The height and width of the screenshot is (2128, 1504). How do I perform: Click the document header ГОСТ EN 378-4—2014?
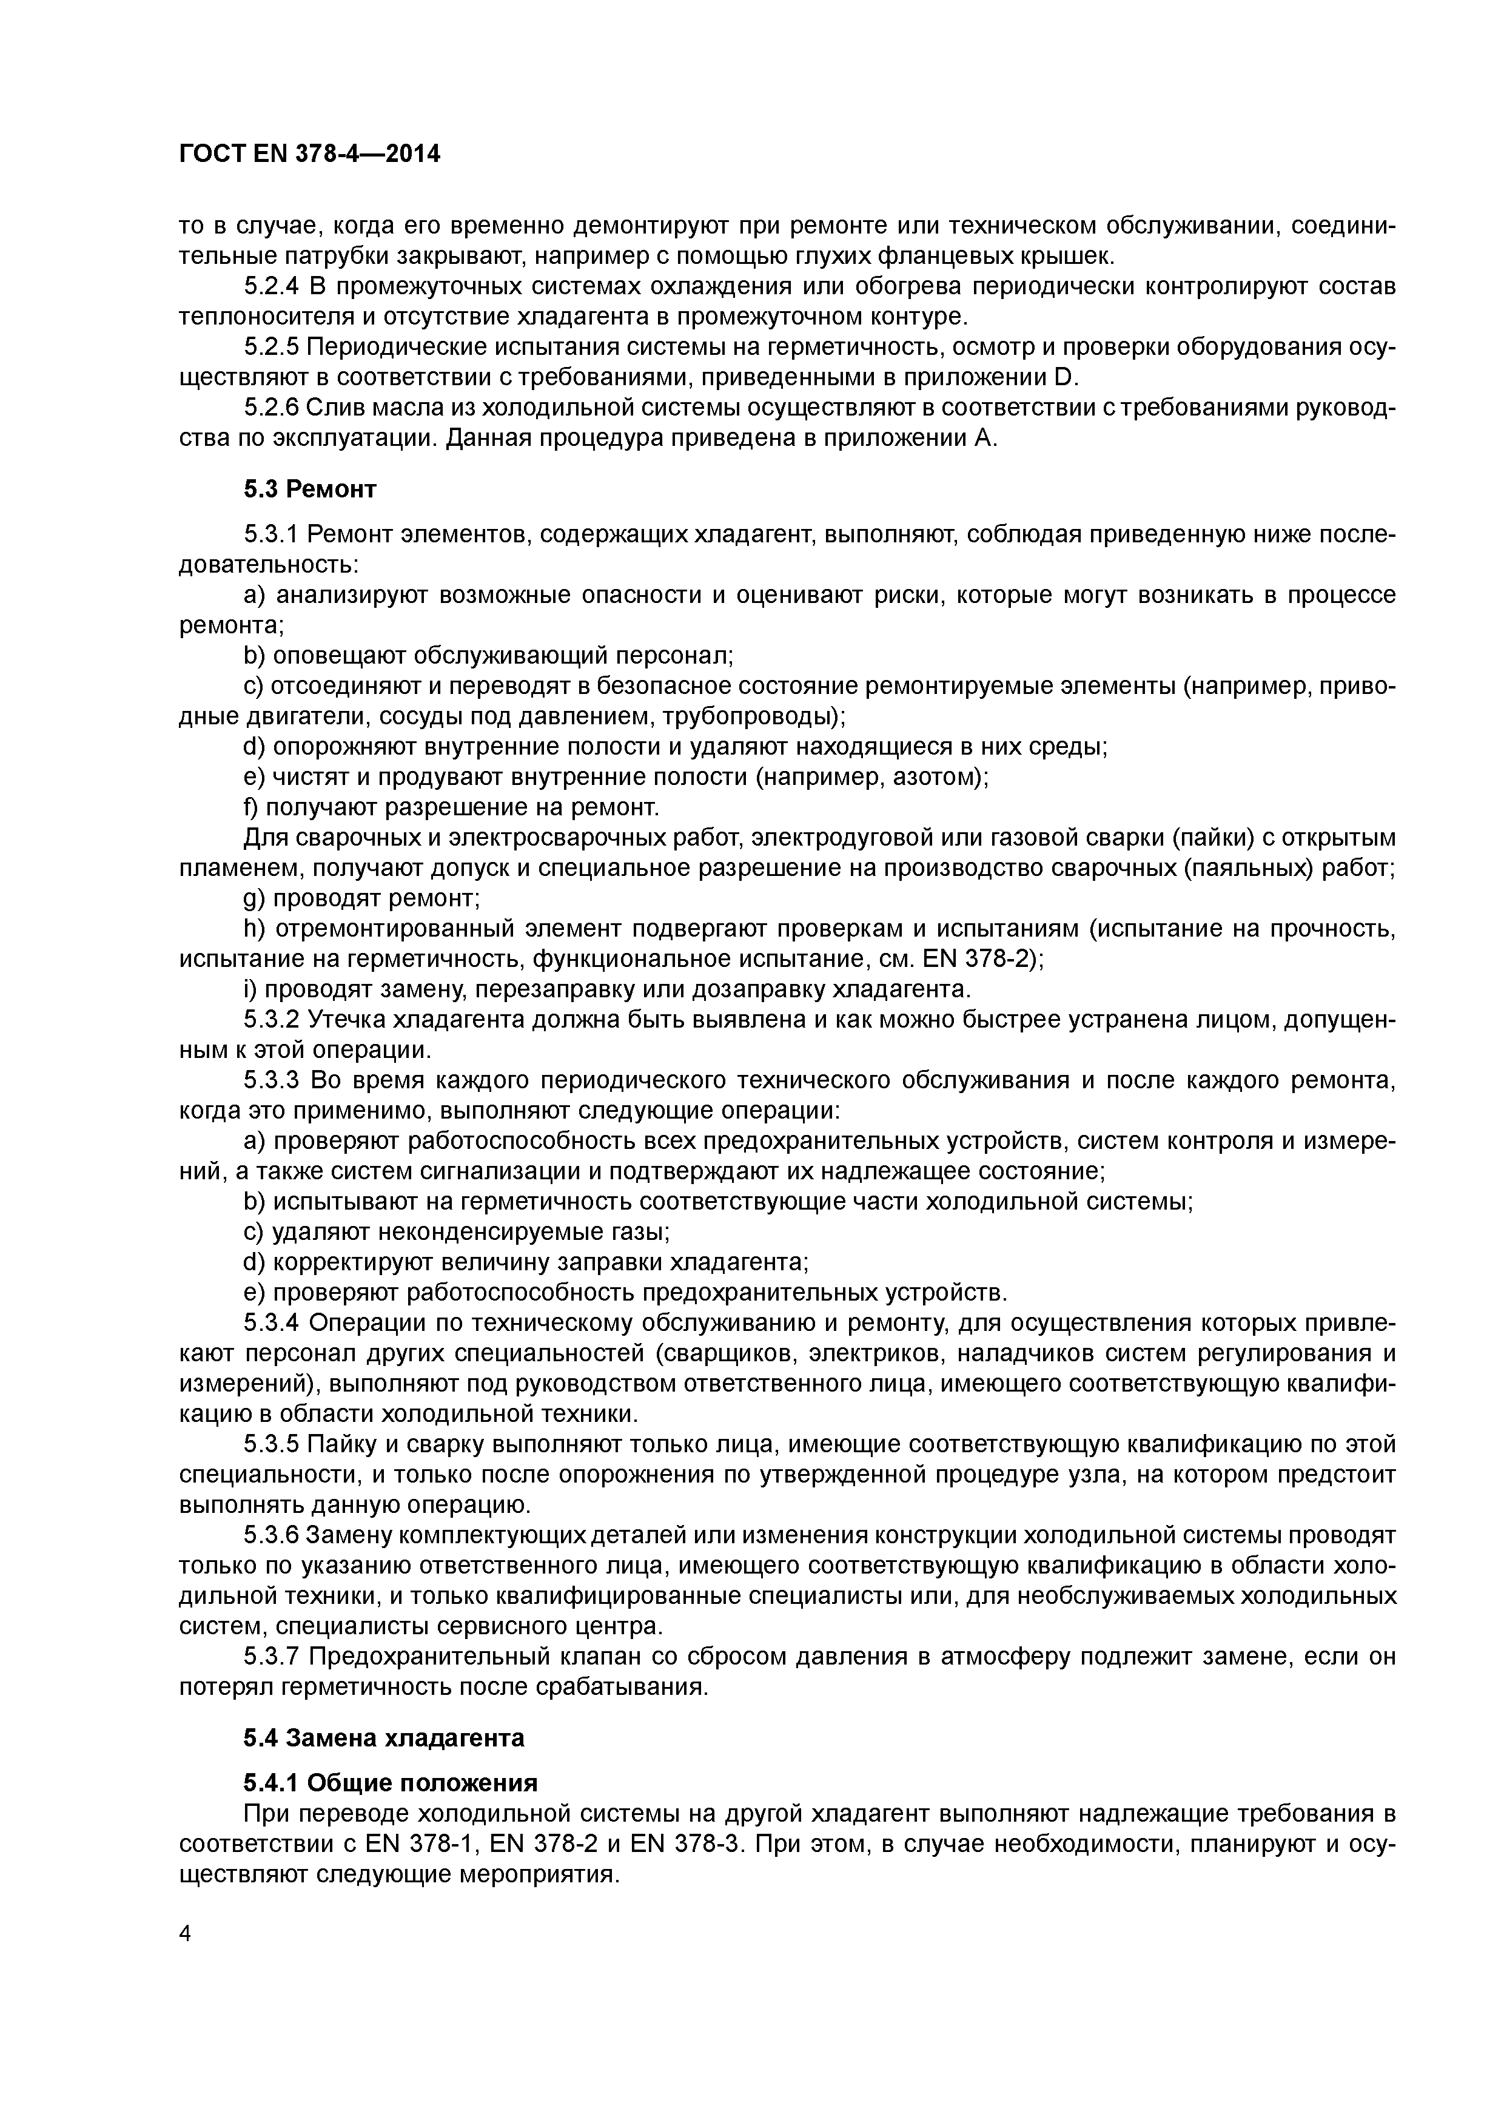309,155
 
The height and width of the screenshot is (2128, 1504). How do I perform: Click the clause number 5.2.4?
272,286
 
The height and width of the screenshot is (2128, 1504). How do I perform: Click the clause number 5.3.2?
272,1020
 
